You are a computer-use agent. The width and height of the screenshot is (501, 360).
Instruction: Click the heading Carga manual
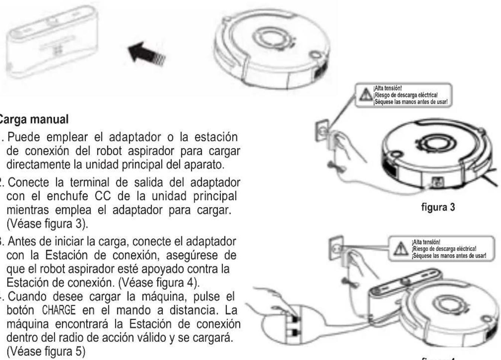(x=33, y=119)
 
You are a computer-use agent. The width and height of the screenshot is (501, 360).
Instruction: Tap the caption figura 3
(x=438, y=207)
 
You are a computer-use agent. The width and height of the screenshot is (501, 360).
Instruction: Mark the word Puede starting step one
(x=25, y=137)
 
